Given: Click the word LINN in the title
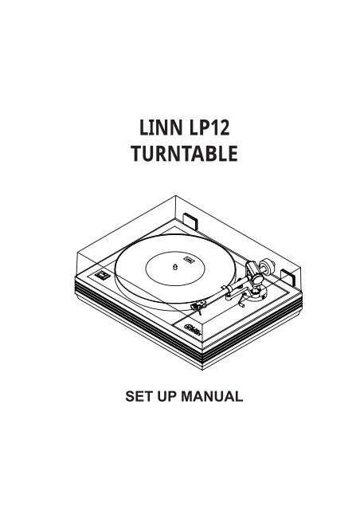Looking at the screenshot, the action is click(161, 127).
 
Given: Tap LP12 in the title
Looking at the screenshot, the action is click(209, 127).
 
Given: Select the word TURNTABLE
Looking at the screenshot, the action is click(184, 154).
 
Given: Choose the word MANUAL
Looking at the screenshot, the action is click(212, 397).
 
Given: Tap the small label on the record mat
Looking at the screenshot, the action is click(188, 260).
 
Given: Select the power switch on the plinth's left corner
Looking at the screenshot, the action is click(103, 276).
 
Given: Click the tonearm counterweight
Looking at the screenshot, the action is click(268, 265).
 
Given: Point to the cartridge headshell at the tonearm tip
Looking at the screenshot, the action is click(198, 306).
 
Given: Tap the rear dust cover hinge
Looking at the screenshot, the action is click(190, 220).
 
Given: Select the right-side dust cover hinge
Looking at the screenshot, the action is click(288, 277).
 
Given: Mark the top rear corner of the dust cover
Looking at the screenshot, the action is click(175, 195).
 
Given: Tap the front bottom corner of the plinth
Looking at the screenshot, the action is click(202, 370).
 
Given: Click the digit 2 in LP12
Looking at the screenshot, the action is click(224, 127).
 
